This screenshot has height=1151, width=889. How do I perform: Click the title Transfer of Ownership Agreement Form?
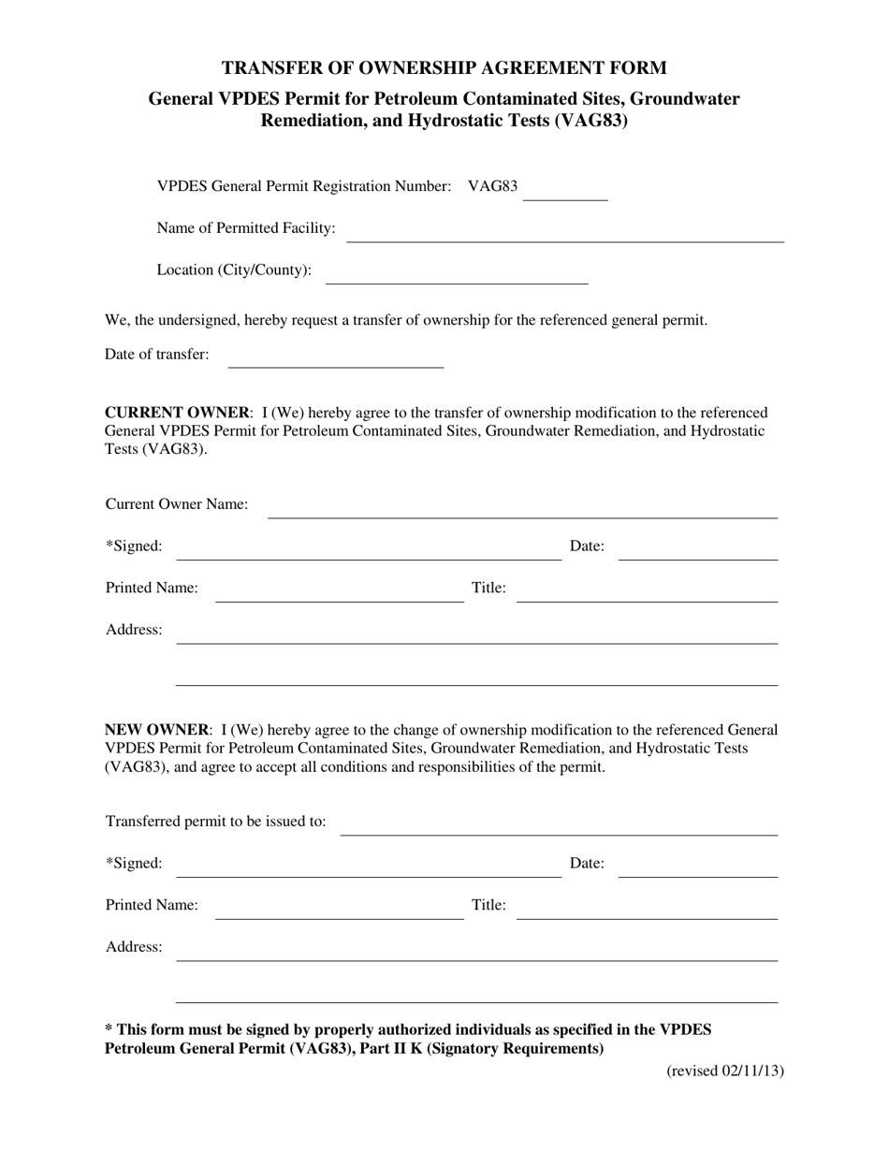tap(444, 67)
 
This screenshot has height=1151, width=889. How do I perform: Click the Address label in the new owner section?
tap(134, 947)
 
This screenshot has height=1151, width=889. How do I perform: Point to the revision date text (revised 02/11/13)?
tap(724, 1071)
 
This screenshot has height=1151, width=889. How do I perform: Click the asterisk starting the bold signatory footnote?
tap(109, 1029)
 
